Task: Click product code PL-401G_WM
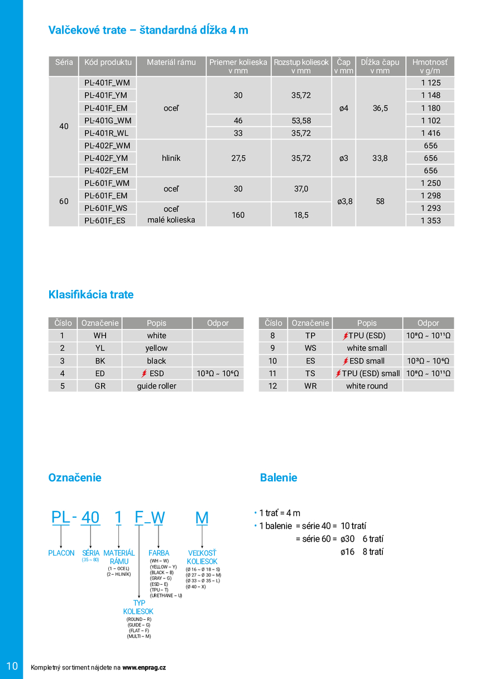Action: point(107,121)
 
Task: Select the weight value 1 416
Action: point(430,133)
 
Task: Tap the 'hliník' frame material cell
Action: point(171,158)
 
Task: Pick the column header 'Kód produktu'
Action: point(108,63)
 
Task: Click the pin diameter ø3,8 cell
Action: point(344,202)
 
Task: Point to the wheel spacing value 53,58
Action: point(301,121)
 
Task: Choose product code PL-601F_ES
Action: point(105,221)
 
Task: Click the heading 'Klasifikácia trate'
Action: point(91,294)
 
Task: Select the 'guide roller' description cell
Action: point(157,386)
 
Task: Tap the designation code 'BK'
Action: point(100,361)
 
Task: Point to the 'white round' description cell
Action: point(367,386)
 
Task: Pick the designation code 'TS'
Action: point(310,374)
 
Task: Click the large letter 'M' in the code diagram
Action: point(201,518)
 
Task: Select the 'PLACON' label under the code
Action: point(61,553)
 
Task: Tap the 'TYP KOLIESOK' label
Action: point(138,608)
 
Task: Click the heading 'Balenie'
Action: point(279,477)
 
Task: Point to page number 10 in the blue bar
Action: point(12,666)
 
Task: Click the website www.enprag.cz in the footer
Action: point(144,667)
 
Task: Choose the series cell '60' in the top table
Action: point(64,202)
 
